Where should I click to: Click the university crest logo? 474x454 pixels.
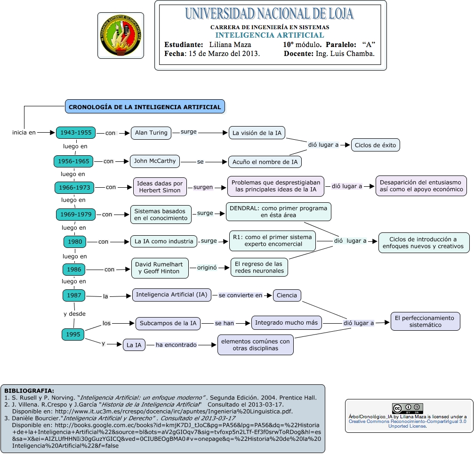coord(121,36)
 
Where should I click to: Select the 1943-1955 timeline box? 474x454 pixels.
coord(76,133)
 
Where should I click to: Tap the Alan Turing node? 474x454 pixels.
coord(151,133)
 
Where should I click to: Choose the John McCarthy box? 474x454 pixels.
coord(155,161)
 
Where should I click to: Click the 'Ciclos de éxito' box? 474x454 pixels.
coord(375,145)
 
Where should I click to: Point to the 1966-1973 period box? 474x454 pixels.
coord(74,187)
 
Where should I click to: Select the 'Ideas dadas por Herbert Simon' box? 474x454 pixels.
coord(160,187)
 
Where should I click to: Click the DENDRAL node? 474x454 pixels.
coord(278,211)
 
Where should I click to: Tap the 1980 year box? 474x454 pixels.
coord(75,242)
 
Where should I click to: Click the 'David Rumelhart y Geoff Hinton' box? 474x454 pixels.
coord(159,267)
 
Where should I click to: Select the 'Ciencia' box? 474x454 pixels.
coord(287,295)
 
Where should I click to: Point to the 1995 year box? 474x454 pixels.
coord(73,335)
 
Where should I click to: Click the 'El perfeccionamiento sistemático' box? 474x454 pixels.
coord(425,322)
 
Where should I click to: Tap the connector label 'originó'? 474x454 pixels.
coord(207,268)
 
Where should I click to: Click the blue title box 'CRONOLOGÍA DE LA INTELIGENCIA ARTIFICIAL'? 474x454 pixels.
coord(145,107)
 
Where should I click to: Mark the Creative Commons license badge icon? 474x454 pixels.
coord(408,408)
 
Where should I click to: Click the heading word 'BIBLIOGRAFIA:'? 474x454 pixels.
coord(29,390)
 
